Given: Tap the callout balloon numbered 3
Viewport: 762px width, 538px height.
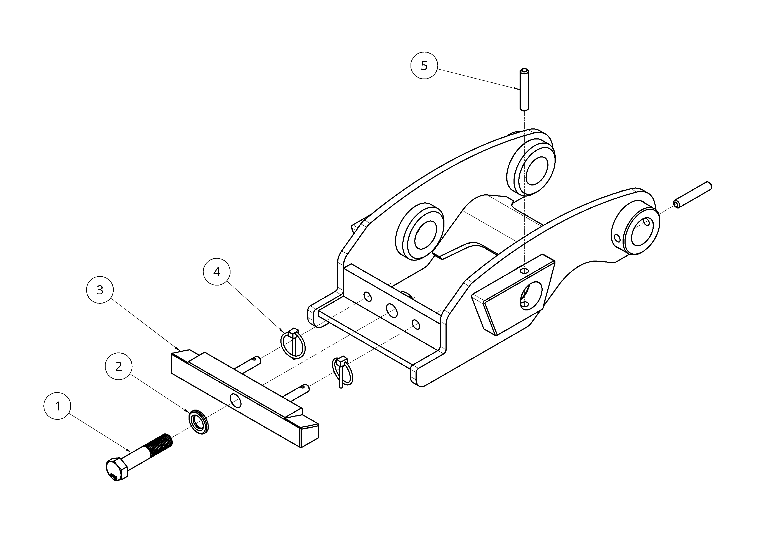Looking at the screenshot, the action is [100, 290].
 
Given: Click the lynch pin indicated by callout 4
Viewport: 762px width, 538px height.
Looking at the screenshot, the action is [293, 343].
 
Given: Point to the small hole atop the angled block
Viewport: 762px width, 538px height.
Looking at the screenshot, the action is [524, 271].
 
